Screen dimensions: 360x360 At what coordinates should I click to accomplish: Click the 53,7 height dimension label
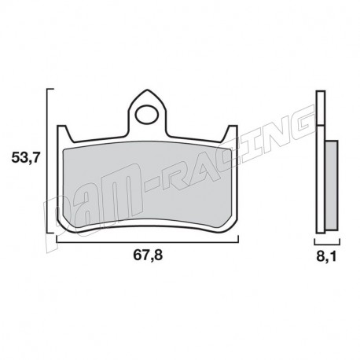click(24, 159)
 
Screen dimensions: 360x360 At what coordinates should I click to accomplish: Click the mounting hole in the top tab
click(146, 115)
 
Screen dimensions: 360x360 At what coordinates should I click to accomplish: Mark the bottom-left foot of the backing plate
click(65, 228)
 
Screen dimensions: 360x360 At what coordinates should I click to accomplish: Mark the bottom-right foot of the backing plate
click(231, 228)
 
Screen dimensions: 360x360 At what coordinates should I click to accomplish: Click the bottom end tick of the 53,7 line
click(53, 233)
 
